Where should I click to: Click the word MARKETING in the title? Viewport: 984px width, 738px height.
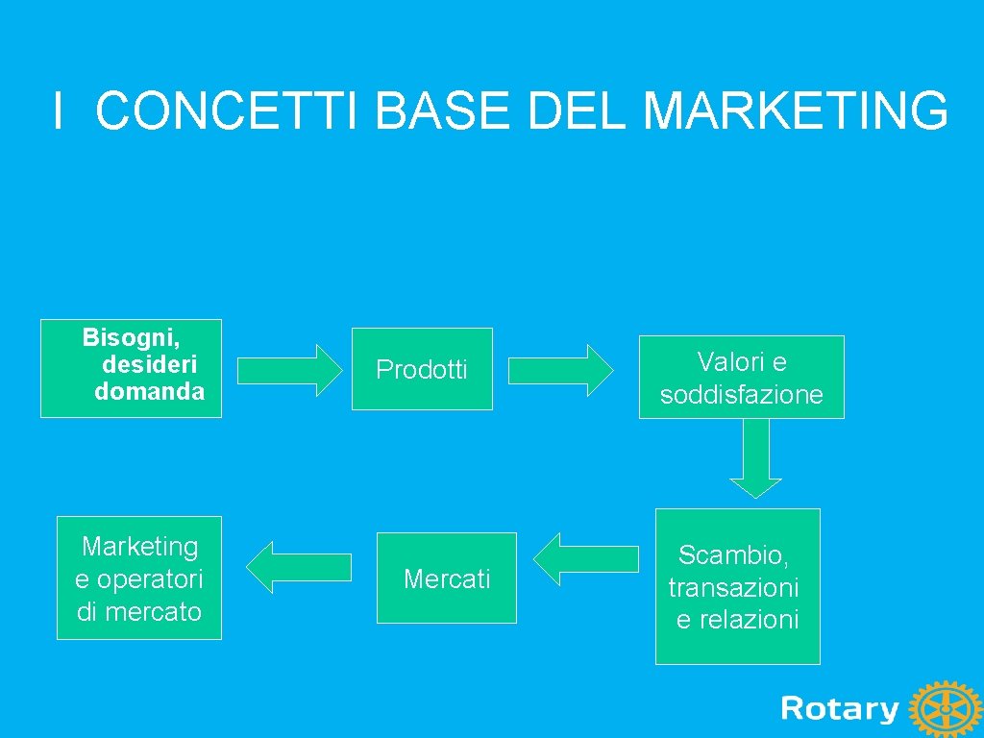tap(796, 111)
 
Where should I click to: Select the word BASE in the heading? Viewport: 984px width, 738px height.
tap(443, 111)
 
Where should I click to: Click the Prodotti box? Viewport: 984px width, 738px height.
tap(422, 369)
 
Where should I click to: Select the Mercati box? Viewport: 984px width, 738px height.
tap(447, 578)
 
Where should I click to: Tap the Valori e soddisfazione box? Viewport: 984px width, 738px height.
tap(742, 377)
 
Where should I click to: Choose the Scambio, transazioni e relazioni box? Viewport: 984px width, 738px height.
tap(737, 586)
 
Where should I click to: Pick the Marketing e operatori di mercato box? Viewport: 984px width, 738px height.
tap(139, 578)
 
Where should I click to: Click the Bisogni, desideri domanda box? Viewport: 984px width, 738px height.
tap(131, 368)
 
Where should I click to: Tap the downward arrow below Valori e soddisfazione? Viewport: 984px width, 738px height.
tap(755, 458)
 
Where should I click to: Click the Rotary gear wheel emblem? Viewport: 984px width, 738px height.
tap(946, 710)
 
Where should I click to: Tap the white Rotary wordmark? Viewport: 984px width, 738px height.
tap(840, 709)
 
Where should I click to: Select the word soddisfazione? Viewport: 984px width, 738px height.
tap(742, 395)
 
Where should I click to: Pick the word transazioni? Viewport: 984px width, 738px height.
tap(733, 587)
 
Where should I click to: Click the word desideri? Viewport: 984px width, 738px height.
tap(149, 365)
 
